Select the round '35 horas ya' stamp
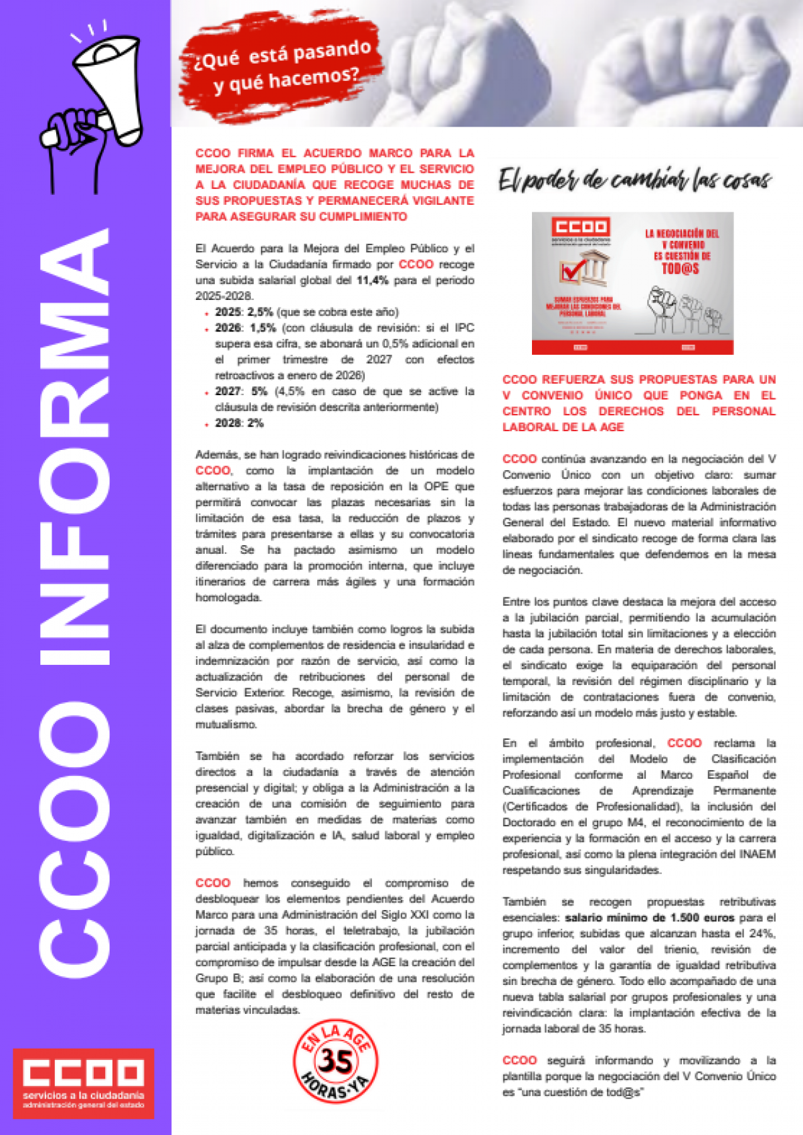click(336, 1061)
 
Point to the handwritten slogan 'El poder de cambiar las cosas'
click(634, 179)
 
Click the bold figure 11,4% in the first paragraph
click(372, 281)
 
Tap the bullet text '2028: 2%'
click(239, 423)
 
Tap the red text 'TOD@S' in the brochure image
click(681, 269)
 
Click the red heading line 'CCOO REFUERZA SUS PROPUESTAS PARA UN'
click(639, 380)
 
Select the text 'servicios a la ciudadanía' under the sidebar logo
click(84, 1095)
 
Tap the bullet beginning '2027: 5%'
click(345, 391)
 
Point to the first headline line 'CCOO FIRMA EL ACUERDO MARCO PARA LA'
click(335, 153)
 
